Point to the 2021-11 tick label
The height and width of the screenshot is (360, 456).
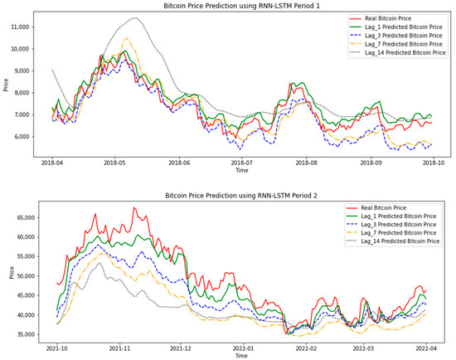119,349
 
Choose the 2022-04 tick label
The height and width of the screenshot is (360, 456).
429,349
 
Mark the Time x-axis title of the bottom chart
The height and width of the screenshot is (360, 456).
240,356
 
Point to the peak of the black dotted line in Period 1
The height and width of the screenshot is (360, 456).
133,18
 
